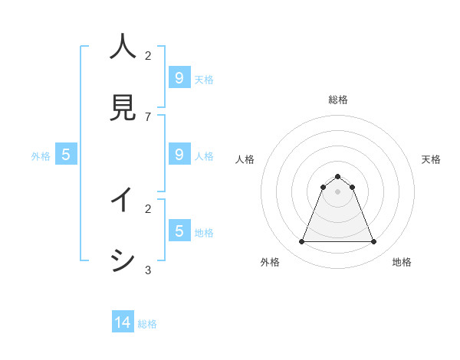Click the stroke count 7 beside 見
[148, 116]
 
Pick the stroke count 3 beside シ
[148, 270]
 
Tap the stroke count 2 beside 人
[148, 55]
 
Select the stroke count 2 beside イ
[148, 208]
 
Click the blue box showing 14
[123, 322]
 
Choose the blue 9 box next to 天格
[179, 77]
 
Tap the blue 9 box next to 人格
[179, 154]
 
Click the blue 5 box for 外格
[66, 154]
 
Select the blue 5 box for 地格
[179, 231]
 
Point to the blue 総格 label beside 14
[147, 324]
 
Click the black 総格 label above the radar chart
[337, 100]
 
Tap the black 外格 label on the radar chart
[270, 262]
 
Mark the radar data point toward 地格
[373, 242]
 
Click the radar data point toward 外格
[301, 242]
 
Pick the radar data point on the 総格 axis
[337, 177]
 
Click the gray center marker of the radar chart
[337, 191]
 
